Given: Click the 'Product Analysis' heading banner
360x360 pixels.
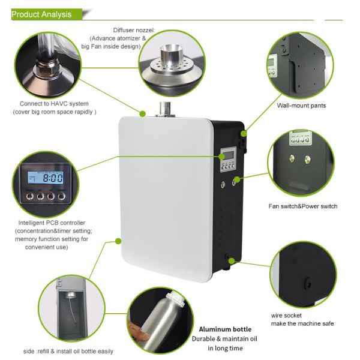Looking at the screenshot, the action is click(47, 14).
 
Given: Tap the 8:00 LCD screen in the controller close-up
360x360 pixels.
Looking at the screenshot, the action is click(46, 178).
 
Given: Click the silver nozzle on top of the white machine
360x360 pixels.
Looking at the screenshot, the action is click(165, 109).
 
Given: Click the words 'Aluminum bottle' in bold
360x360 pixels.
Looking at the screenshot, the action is click(225, 329).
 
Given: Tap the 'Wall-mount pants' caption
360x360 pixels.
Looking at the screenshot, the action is click(301, 106).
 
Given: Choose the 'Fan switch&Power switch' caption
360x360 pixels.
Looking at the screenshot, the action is click(303, 206).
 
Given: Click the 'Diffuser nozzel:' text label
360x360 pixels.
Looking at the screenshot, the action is click(134, 31).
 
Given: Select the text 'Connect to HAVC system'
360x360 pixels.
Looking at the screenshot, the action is click(54, 104).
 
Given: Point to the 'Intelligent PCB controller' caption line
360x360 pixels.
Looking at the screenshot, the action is click(52, 223).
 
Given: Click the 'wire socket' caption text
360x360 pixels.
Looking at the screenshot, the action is click(286, 316).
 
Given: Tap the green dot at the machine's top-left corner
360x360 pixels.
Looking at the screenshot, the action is click(143, 113).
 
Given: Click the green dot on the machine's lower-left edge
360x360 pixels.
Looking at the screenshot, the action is click(118, 241).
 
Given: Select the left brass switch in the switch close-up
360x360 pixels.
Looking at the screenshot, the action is click(292, 158).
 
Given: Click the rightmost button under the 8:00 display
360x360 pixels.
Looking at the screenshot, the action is click(61, 197).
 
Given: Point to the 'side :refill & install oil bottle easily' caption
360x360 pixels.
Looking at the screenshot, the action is click(68, 351).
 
